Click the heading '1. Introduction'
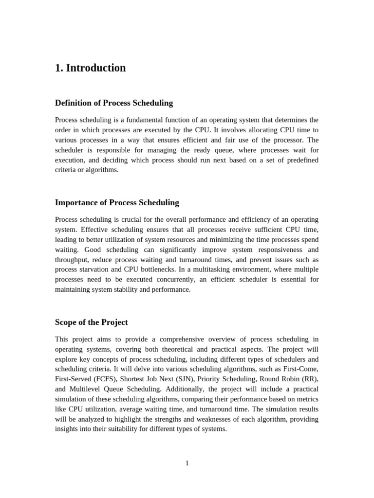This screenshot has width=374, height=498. [x=90, y=68]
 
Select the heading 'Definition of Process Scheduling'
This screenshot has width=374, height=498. [x=114, y=103]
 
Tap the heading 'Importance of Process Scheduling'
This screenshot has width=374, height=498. [x=117, y=202]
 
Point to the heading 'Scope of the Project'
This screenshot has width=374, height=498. [x=92, y=322]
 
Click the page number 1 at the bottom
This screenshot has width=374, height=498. [x=187, y=463]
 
